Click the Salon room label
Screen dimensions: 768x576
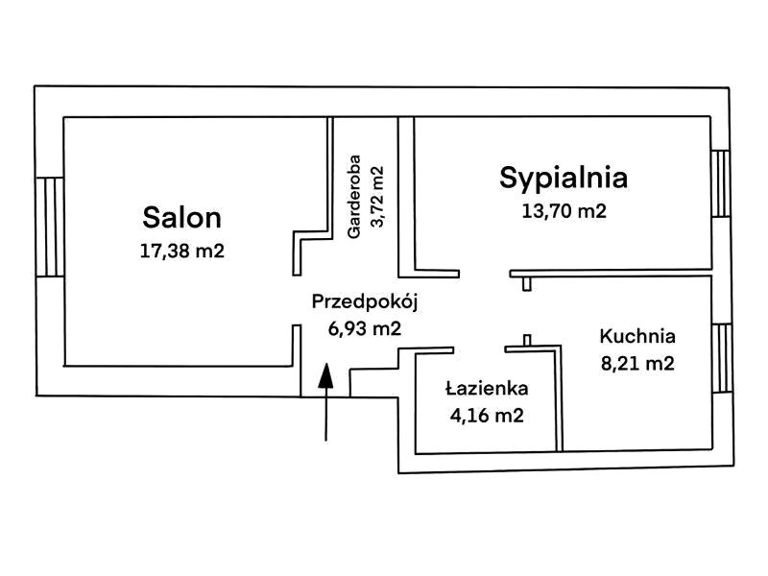click(x=181, y=218)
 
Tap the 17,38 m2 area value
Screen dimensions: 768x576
click(x=182, y=251)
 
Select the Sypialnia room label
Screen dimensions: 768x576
click(x=564, y=180)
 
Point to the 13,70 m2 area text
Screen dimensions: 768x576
click(x=564, y=211)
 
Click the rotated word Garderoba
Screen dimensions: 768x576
click(x=353, y=197)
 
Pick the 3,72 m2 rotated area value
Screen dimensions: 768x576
click(x=377, y=197)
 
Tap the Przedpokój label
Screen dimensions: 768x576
click(x=365, y=302)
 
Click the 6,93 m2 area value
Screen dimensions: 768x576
click(x=365, y=328)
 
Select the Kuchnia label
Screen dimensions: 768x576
click(x=637, y=337)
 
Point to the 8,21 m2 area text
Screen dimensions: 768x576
click(x=637, y=363)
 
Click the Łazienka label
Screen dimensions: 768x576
click(x=487, y=389)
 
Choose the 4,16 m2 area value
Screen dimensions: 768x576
click(x=487, y=416)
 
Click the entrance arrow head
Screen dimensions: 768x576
click(x=325, y=375)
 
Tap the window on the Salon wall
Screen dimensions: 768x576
click(x=50, y=227)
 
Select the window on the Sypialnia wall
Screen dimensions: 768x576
click(x=721, y=183)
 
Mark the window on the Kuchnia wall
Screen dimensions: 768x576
click(x=723, y=358)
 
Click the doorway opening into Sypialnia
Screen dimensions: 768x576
click(x=485, y=274)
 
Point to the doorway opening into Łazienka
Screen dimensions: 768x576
click(x=479, y=349)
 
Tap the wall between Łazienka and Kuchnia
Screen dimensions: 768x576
click(x=560, y=398)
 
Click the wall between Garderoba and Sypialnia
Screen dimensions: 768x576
click(x=406, y=197)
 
